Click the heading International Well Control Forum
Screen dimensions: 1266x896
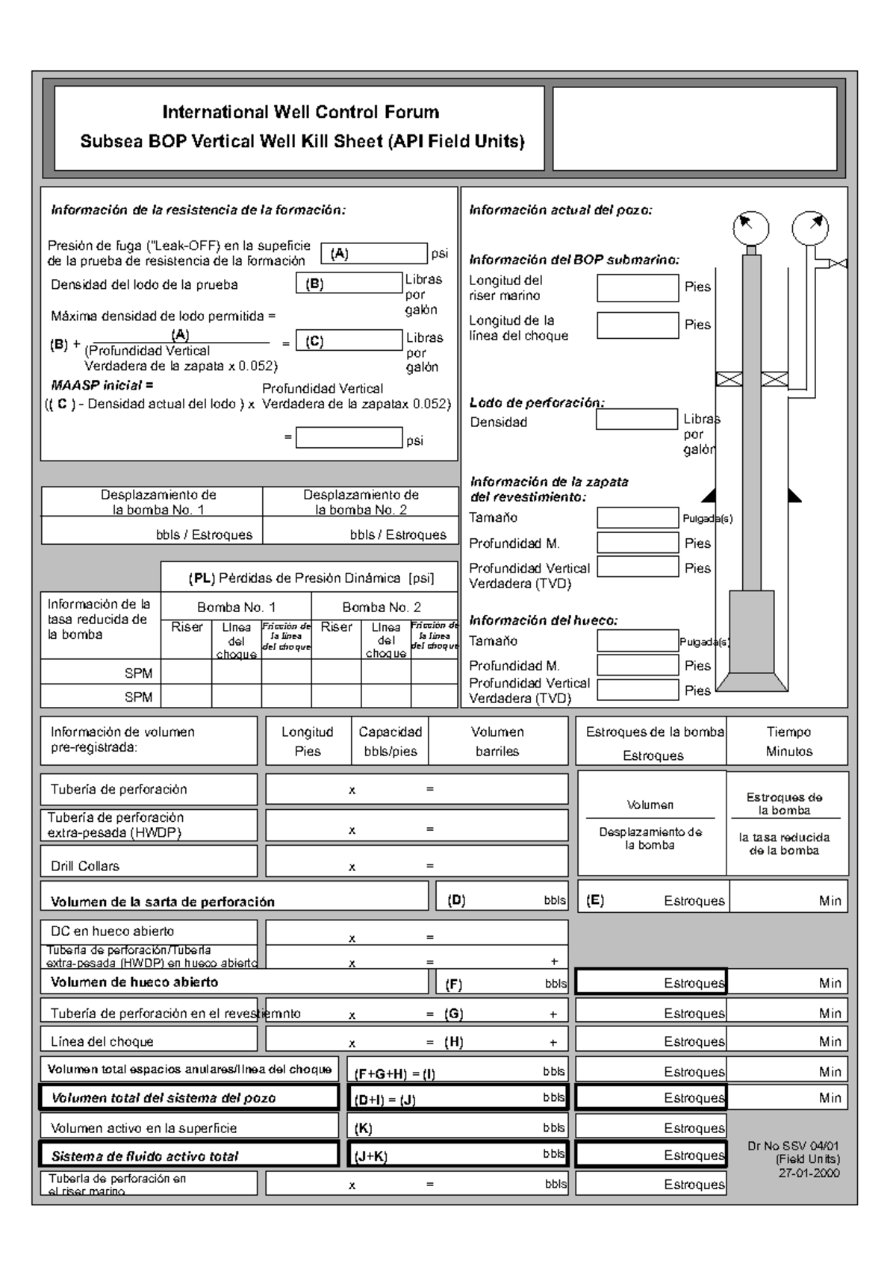point(301,112)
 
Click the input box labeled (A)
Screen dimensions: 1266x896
point(374,254)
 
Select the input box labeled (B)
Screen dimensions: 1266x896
point(349,284)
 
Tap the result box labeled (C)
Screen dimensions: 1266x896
point(349,341)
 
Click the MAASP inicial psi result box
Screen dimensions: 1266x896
point(349,438)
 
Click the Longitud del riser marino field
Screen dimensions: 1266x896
point(638,287)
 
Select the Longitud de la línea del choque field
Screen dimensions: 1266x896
point(638,325)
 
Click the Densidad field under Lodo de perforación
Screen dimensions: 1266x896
point(637,420)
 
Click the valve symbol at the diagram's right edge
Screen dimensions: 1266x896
point(839,264)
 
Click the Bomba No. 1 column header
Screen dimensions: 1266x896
point(236,607)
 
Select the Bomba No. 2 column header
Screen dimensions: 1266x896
point(382,607)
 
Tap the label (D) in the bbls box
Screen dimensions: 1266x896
point(456,900)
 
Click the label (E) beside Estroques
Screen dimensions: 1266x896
point(595,900)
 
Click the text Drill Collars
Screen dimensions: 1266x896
point(85,866)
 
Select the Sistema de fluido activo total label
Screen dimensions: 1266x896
point(145,1156)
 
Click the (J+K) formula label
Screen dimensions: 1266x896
point(371,1157)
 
